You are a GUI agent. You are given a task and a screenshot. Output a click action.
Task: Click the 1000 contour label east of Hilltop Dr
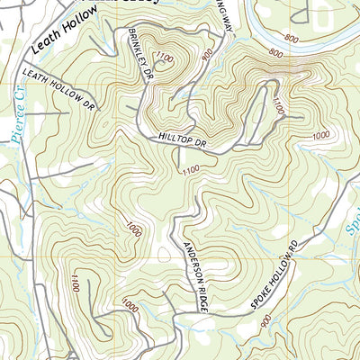(x=321, y=136)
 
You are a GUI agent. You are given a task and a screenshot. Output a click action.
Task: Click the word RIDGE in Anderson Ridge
(x=202, y=293)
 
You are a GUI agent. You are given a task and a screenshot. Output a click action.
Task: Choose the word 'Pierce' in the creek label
(x=24, y=127)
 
